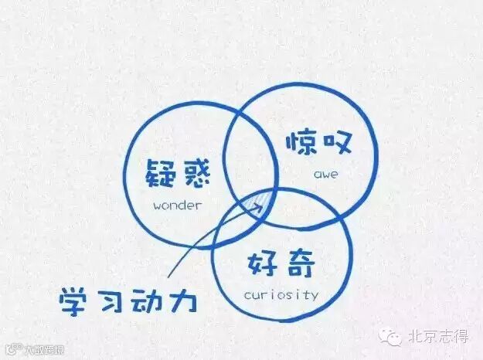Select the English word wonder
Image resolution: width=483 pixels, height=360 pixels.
[177, 205]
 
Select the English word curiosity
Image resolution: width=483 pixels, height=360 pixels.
[281, 294]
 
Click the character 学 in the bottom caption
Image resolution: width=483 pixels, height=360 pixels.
[75, 300]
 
